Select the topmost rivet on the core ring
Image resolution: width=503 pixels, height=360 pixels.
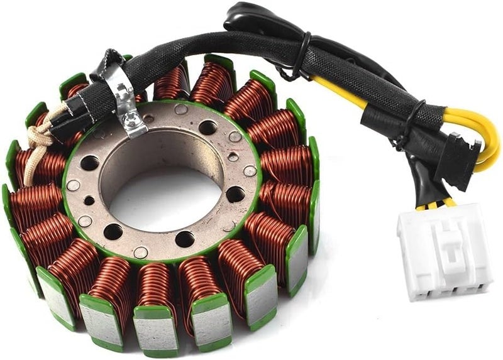[180, 109]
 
